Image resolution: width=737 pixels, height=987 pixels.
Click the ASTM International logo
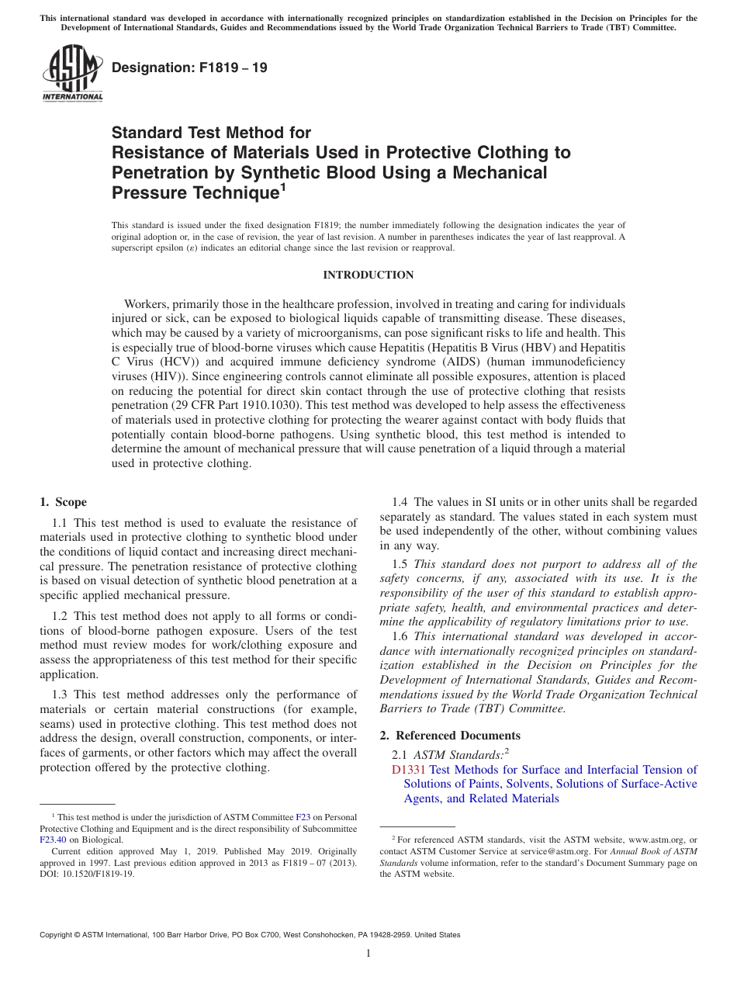(72, 74)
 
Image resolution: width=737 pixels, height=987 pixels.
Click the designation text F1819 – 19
(189, 68)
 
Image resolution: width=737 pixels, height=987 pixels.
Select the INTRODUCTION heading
(368, 275)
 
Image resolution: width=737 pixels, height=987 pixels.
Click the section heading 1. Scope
(64, 502)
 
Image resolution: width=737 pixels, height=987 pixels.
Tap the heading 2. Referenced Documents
(450, 736)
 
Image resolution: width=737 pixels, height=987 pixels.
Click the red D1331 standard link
(409, 770)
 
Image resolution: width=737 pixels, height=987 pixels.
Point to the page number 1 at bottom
(368, 954)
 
